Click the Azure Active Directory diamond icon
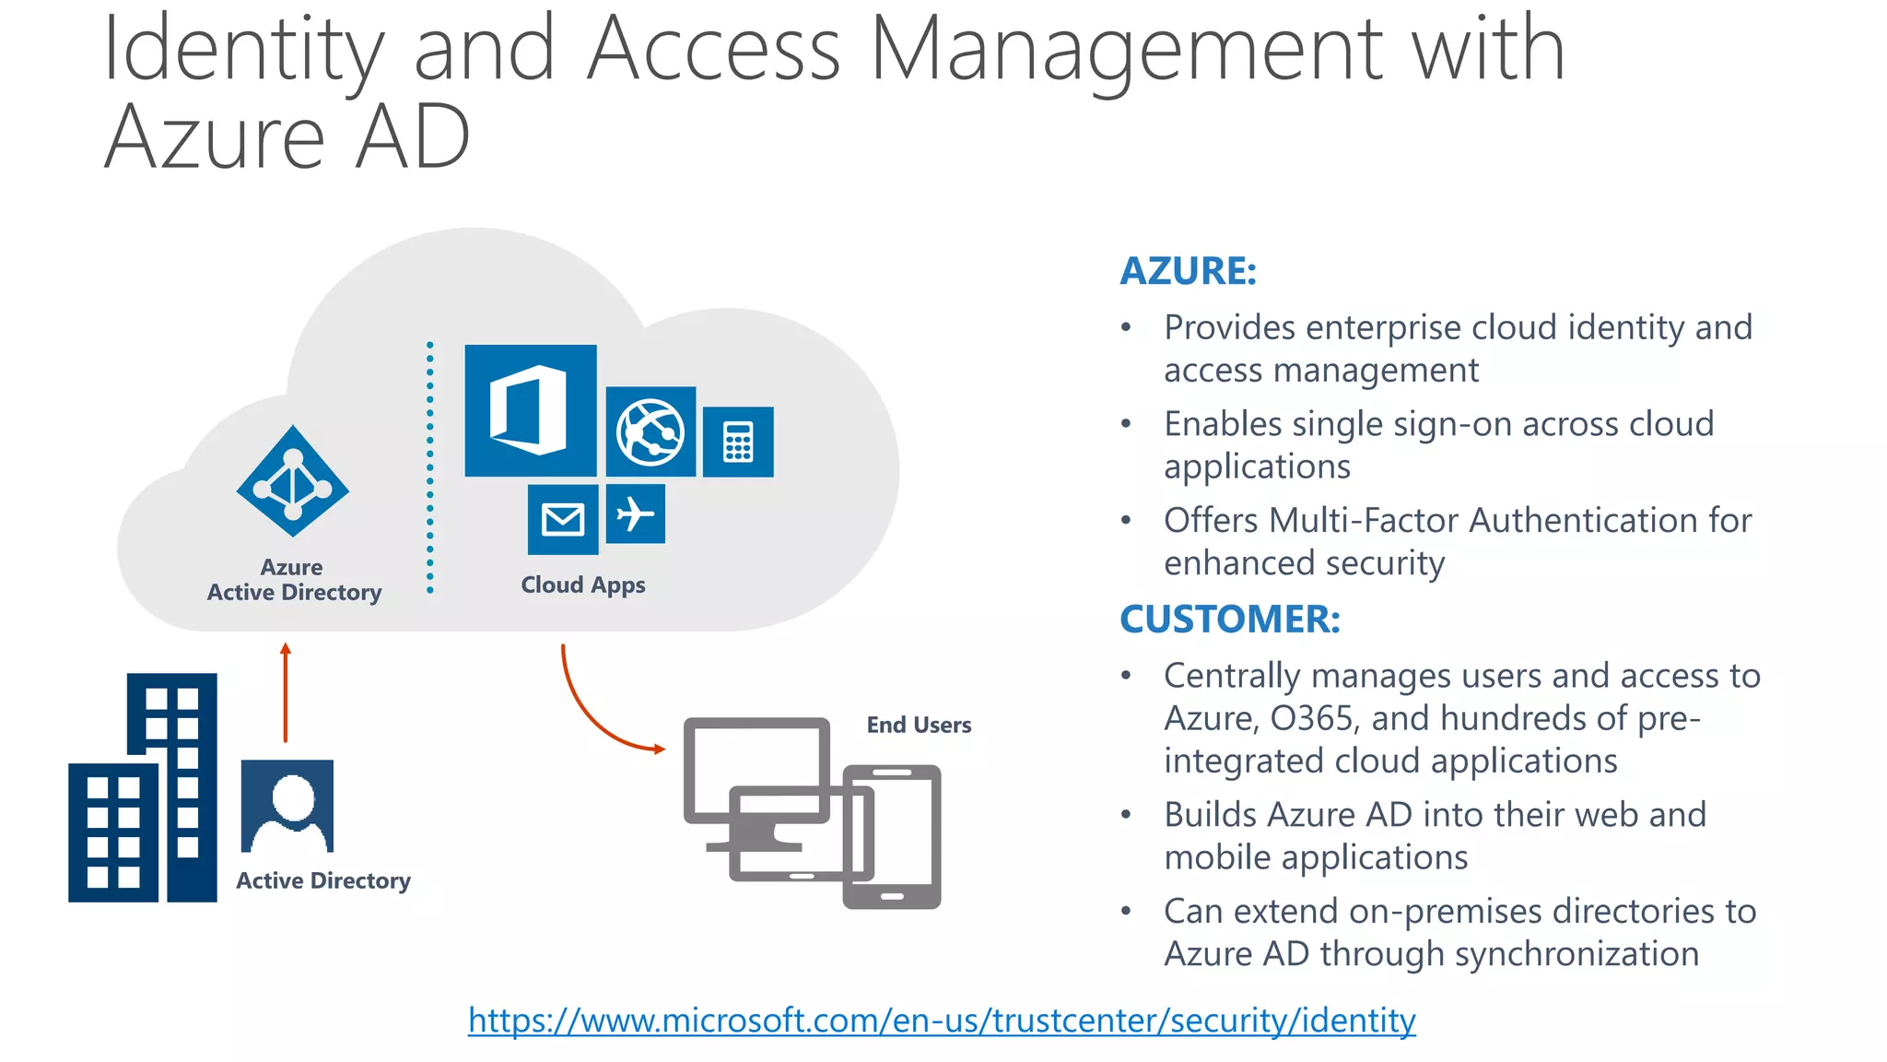(293, 481)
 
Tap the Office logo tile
(530, 410)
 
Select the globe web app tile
(650, 431)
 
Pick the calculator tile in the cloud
(738, 442)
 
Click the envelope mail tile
(563, 519)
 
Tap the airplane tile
(635, 513)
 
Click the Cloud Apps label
(582, 585)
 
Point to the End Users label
(919, 726)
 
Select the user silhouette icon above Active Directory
(287, 806)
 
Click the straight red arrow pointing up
(286, 692)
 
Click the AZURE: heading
(1188, 271)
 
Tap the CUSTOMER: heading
(1229, 619)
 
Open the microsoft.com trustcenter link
(942, 1021)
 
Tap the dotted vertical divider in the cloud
(430, 468)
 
